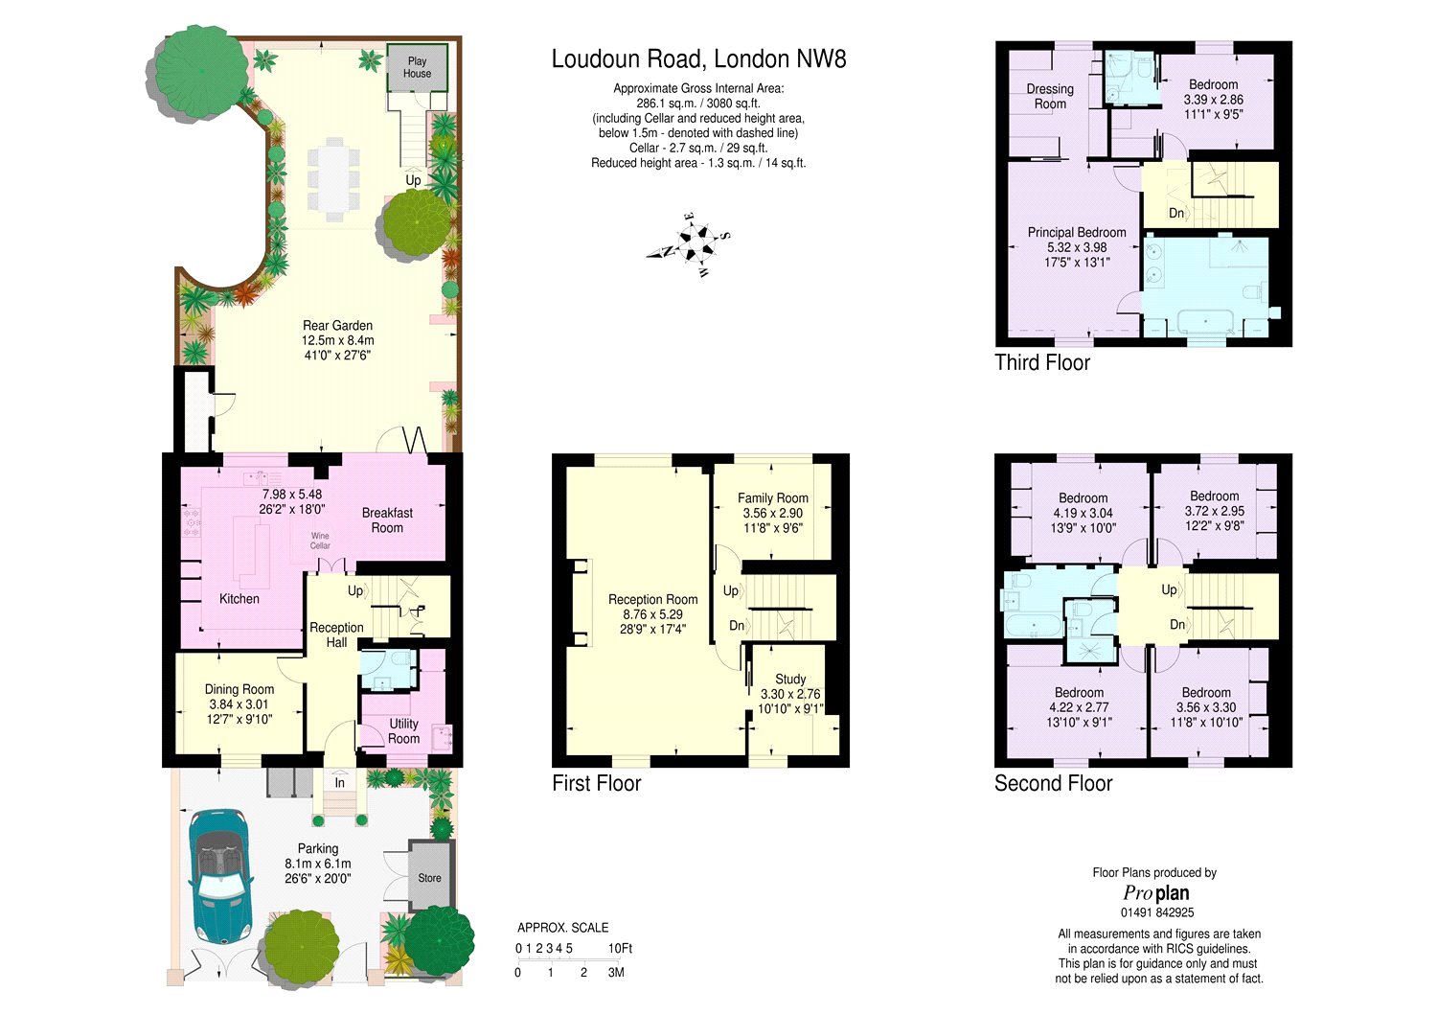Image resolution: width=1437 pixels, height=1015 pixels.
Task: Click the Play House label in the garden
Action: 417,67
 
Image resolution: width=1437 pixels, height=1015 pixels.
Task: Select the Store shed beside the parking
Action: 430,874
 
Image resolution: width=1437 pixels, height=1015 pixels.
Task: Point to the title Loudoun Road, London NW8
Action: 698,59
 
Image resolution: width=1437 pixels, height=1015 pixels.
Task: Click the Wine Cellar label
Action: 320,541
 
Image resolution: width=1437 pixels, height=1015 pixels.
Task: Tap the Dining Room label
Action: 239,689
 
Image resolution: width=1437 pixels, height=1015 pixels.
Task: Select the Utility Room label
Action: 403,731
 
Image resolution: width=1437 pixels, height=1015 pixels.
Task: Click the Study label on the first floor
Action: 790,679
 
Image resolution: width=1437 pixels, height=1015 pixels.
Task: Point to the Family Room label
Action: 772,497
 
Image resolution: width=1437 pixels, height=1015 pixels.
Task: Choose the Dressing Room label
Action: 1050,96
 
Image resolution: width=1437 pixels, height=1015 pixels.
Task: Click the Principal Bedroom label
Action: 1077,232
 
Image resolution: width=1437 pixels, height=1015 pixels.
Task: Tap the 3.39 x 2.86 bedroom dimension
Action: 1213,100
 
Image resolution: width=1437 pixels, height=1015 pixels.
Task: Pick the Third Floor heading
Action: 1042,362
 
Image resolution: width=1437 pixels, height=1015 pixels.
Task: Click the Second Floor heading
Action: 1054,783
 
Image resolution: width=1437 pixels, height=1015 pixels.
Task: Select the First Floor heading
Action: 597,783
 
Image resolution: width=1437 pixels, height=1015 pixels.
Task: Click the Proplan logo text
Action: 1156,893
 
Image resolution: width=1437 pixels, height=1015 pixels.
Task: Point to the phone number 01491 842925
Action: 1156,912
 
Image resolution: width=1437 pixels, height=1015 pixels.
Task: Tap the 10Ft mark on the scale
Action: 621,948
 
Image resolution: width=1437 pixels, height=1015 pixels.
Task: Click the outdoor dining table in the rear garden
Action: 333,179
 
